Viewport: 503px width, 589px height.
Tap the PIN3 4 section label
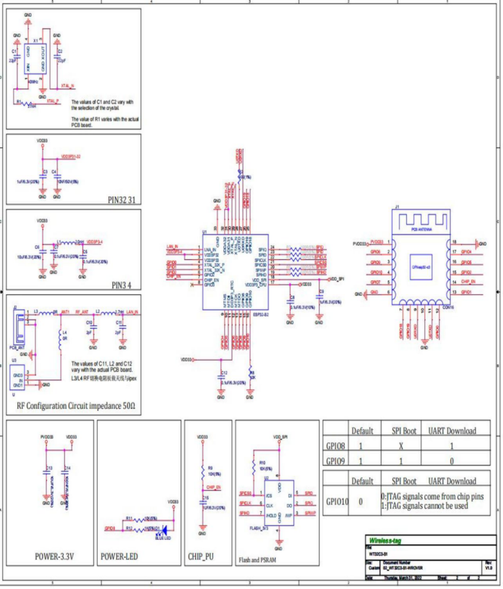tap(121, 286)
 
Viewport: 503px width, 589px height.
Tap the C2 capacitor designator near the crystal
tap(59, 51)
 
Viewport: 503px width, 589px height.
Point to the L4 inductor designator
tap(65, 333)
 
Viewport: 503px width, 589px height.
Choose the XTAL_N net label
tap(68, 86)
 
